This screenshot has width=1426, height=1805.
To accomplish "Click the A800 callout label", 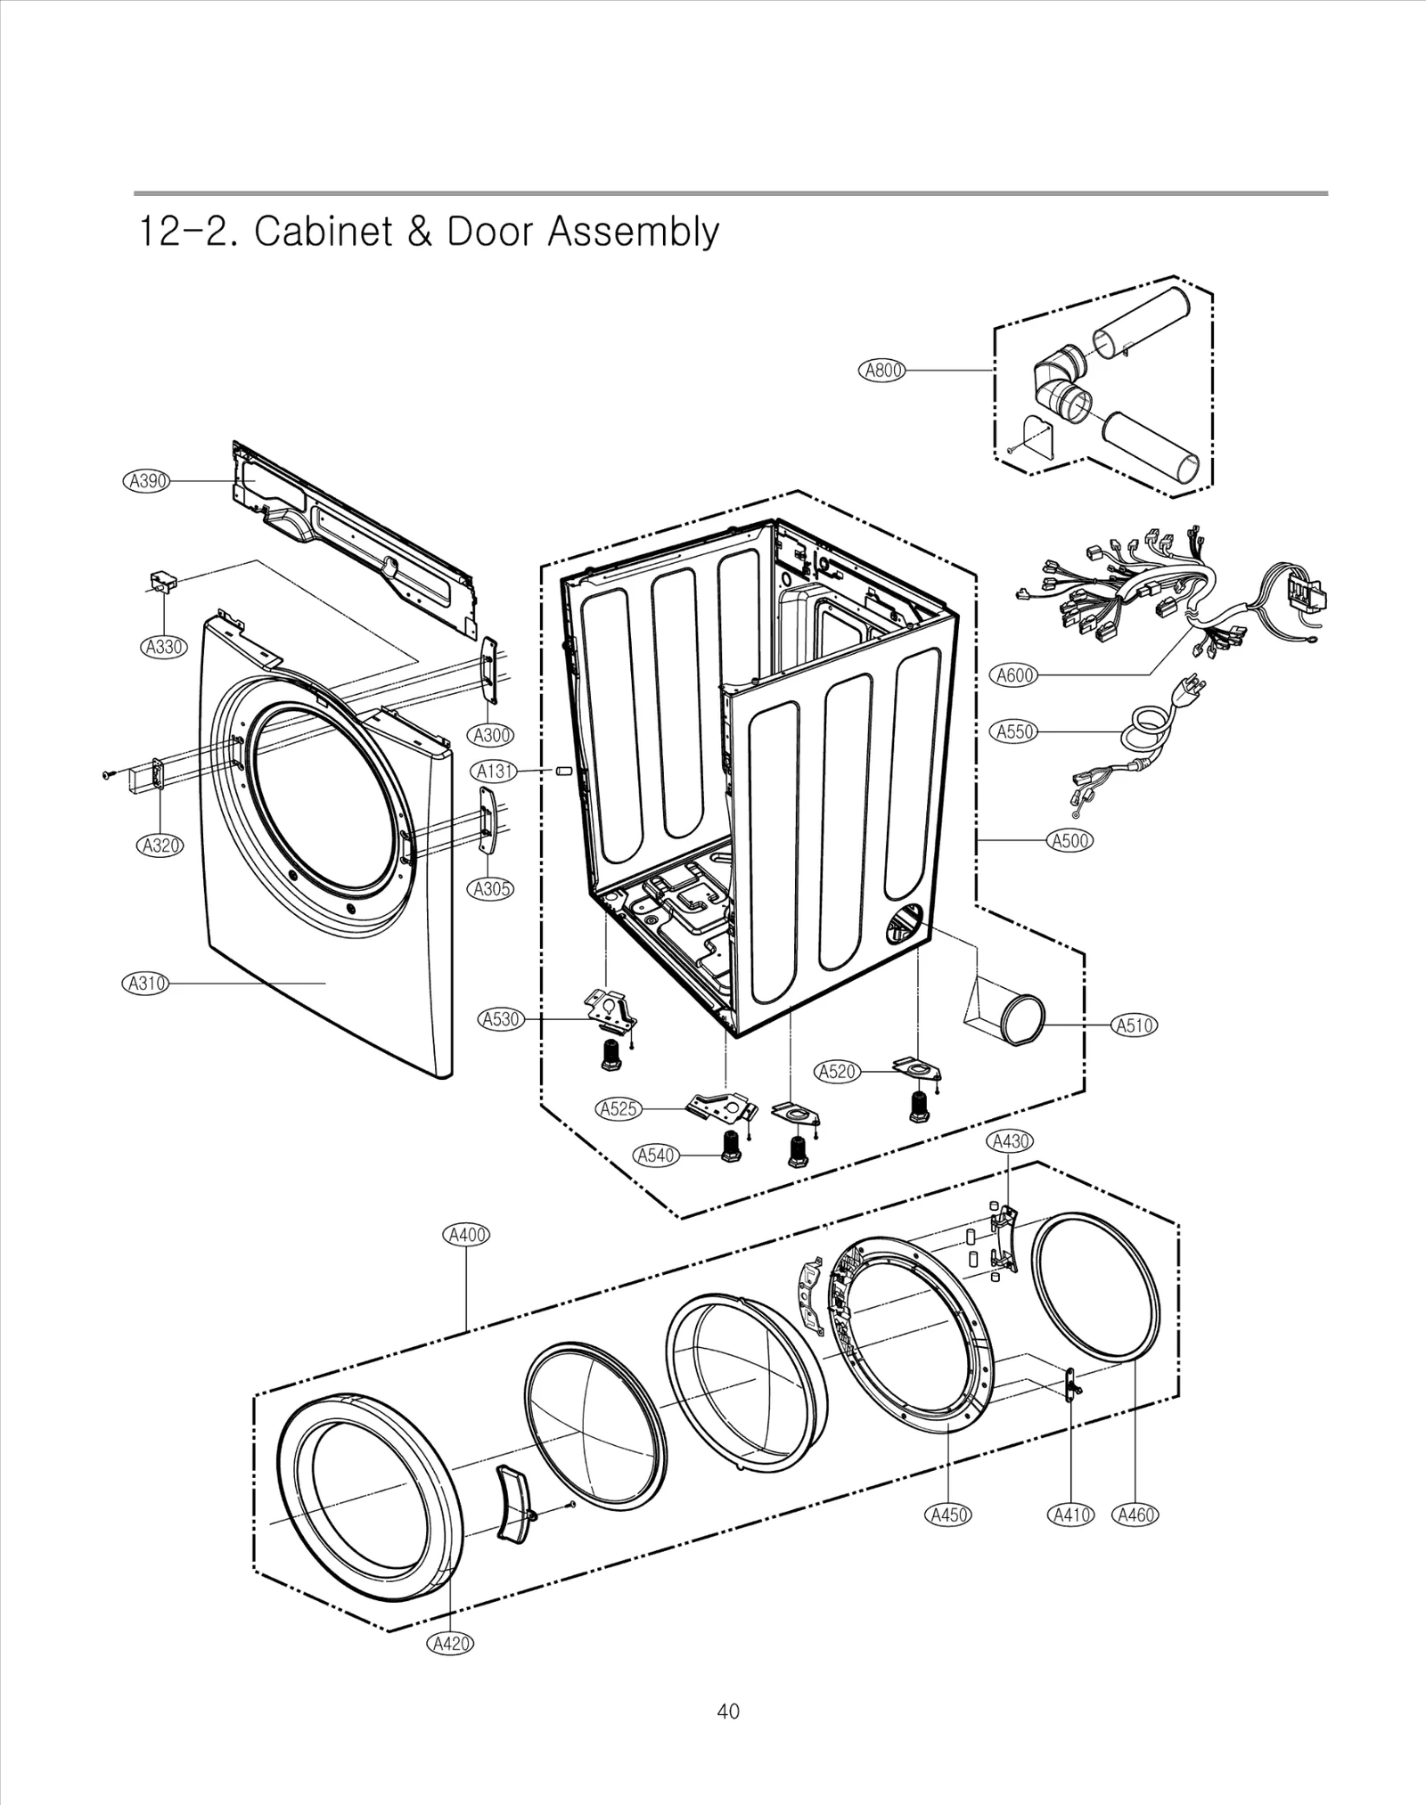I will [881, 371].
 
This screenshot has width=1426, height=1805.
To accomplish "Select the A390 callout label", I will [146, 481].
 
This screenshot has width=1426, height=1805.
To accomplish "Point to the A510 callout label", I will [1135, 1025].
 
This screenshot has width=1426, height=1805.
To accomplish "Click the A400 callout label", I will [466, 1235].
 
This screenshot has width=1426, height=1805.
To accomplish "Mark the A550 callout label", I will [1014, 731].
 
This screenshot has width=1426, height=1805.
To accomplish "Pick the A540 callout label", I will [655, 1156].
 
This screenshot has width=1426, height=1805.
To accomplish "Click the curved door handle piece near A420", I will [514, 1503].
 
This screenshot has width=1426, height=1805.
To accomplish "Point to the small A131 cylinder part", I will [562, 770].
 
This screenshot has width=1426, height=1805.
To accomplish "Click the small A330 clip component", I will [162, 582].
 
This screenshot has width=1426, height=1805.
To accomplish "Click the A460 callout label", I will [1135, 1515].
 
